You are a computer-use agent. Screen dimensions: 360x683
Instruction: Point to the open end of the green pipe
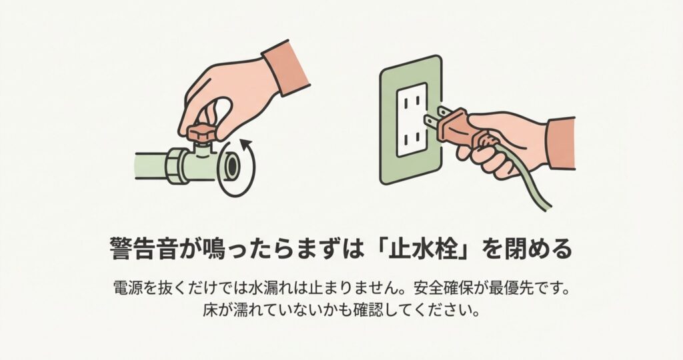(231, 169)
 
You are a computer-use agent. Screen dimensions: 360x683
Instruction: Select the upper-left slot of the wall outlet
(404, 101)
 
